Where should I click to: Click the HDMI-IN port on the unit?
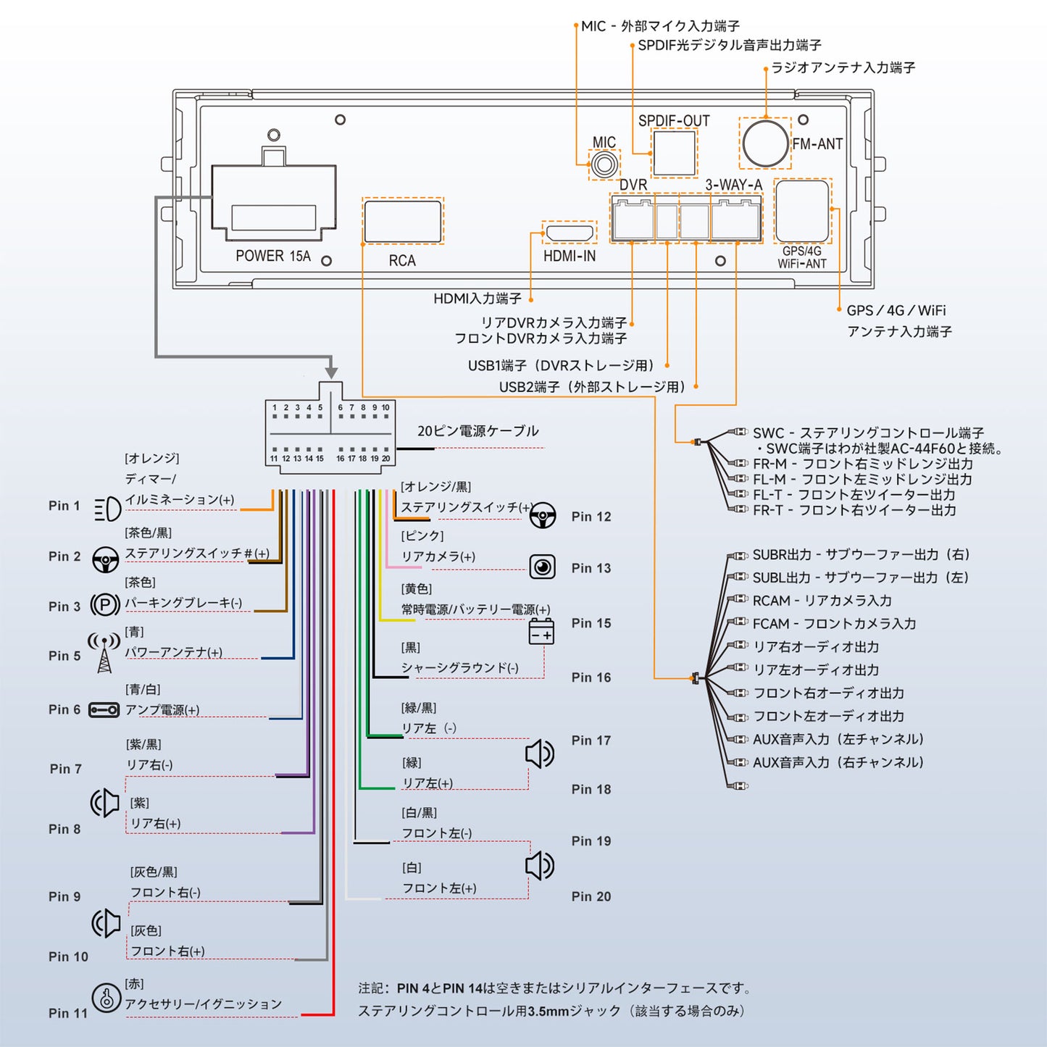click(x=570, y=233)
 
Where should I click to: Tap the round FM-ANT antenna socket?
click(x=765, y=143)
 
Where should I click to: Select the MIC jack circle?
click(x=604, y=164)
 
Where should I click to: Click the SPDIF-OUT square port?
click(x=674, y=153)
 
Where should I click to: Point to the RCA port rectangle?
click(x=403, y=221)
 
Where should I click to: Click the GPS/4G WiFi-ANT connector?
click(x=802, y=210)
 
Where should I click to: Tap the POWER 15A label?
click(x=273, y=256)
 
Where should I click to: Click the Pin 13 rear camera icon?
click(x=542, y=567)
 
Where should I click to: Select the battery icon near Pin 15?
click(x=541, y=633)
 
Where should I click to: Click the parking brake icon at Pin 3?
click(x=105, y=604)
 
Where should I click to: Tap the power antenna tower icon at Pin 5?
click(x=104, y=653)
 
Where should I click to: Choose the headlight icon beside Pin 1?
click(x=107, y=509)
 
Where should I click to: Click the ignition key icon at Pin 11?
click(x=106, y=998)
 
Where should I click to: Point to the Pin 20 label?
click(x=591, y=896)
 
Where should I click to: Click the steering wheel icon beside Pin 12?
click(x=543, y=515)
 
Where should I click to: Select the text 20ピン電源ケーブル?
click(x=477, y=431)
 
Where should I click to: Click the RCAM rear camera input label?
click(x=822, y=601)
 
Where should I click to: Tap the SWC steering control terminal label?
click(x=868, y=433)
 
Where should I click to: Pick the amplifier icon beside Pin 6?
click(x=104, y=710)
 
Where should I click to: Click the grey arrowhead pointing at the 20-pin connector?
click(x=331, y=372)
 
